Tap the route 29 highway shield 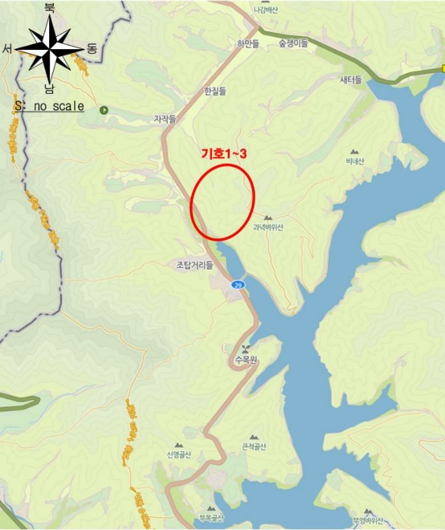click(238, 285)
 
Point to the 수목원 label click(246, 360)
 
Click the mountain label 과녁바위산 click(268, 227)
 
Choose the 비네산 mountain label click(355, 161)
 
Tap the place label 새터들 click(350, 79)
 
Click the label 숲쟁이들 click(293, 44)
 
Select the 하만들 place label click(247, 44)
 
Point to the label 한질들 click(215, 91)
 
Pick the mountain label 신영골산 click(179, 454)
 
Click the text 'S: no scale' click(49, 107)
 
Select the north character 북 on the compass click(50, 8)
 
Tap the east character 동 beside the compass click(92, 48)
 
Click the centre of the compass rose click(50, 48)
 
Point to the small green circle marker click(104, 110)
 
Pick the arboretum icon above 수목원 click(246, 349)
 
